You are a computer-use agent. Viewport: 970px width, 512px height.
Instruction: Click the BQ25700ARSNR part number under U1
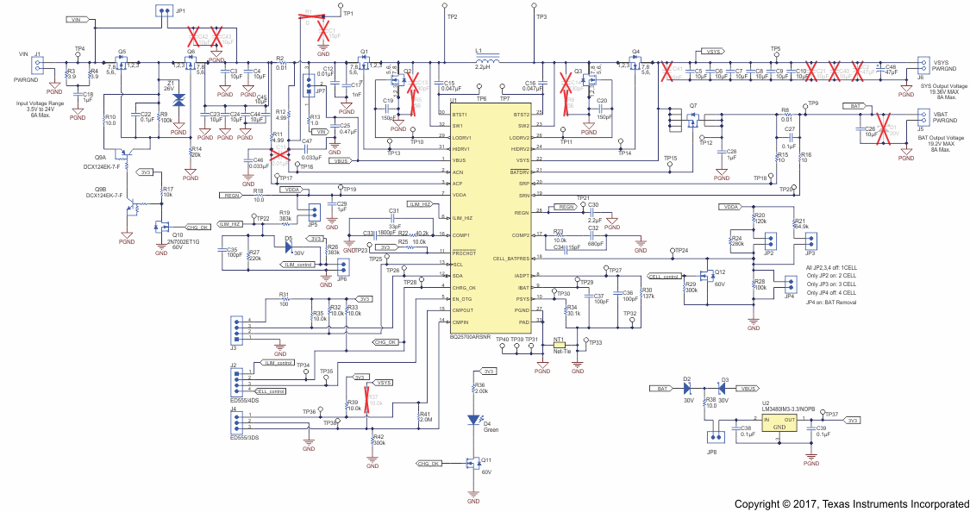470,338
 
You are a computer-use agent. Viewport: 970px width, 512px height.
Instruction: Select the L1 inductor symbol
489,63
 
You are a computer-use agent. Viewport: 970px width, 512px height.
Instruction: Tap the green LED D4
472,420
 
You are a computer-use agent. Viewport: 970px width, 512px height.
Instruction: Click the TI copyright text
849,503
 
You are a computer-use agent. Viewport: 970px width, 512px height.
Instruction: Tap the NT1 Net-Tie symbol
559,342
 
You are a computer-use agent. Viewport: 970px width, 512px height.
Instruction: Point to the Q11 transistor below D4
472,463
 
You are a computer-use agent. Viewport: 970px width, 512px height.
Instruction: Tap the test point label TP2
453,16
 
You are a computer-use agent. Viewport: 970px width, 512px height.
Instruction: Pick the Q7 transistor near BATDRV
692,122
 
